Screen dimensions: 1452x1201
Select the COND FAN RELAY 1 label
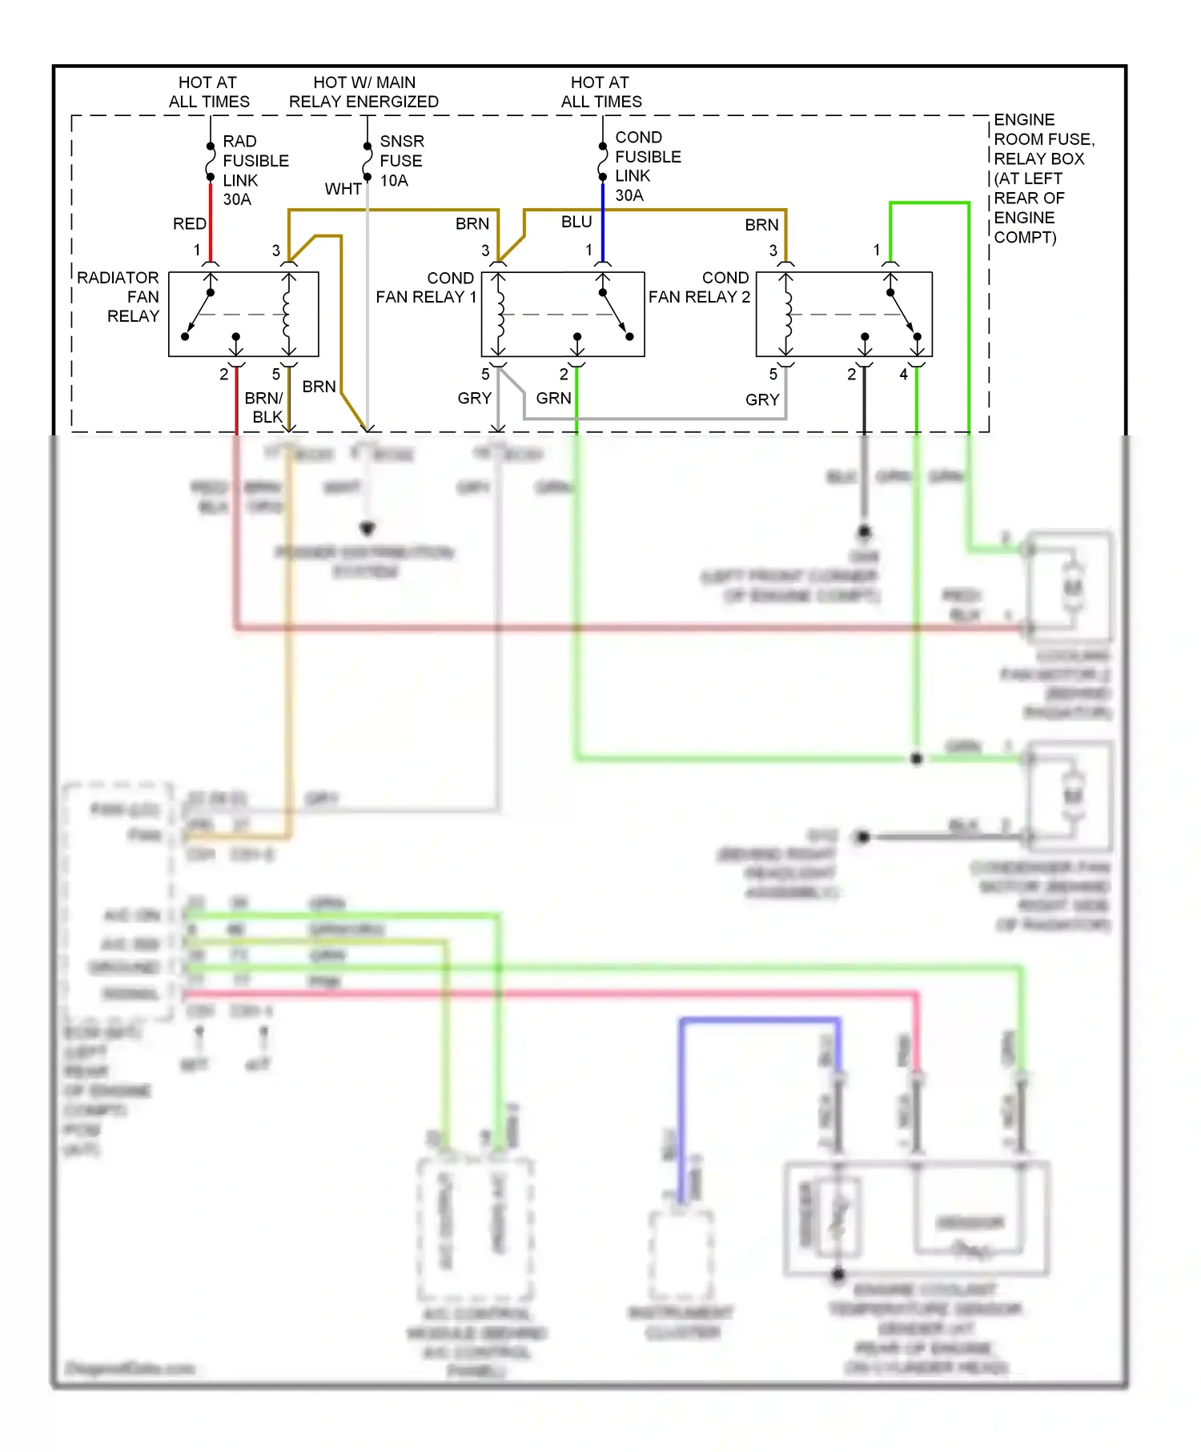point(427,287)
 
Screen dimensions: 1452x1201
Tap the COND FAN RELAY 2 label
point(700,287)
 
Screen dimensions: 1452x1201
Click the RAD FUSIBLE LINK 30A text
point(255,170)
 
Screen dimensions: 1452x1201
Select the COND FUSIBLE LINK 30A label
point(647,166)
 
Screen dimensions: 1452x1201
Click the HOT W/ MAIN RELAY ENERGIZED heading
point(364,92)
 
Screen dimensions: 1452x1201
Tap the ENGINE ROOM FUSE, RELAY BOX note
point(1042,178)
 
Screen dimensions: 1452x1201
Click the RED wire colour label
point(189,224)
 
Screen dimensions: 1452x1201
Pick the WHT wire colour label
point(343,189)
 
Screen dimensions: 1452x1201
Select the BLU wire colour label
point(576,222)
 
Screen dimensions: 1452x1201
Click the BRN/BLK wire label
point(264,407)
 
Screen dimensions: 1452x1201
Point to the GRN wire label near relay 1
point(553,399)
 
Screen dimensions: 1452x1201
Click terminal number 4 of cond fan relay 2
point(903,375)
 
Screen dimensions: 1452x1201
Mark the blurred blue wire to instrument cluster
point(759,1021)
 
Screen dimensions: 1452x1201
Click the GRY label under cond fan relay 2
point(761,399)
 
